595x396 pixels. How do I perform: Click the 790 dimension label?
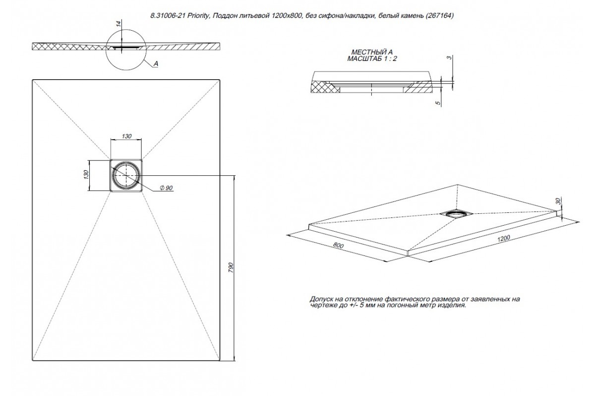231,267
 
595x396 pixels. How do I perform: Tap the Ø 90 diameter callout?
166,188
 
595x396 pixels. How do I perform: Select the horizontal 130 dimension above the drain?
126,136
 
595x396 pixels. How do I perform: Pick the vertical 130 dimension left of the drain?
85,175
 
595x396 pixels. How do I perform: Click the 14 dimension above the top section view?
119,23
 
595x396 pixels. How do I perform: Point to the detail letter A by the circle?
156,64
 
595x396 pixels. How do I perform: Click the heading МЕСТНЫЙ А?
372,52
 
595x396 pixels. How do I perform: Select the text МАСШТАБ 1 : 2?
372,58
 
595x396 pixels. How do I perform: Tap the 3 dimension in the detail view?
449,57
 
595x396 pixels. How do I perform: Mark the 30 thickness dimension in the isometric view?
558,201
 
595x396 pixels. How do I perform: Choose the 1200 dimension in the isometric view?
504,239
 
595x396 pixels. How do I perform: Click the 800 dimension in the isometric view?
338,246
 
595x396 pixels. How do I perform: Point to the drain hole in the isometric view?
455,213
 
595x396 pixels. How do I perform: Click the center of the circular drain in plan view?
126,175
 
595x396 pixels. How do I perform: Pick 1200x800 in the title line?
287,16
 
